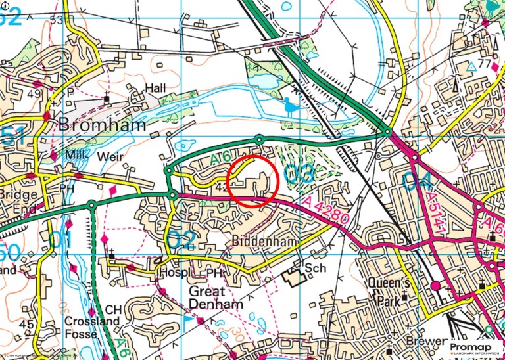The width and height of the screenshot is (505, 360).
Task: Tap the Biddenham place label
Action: click(x=261, y=241)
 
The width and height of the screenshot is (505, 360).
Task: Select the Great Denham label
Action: click(x=215, y=298)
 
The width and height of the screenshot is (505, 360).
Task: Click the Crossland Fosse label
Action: click(x=91, y=327)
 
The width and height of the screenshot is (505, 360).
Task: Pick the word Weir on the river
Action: click(x=110, y=157)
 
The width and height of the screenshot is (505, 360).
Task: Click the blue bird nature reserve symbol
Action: click(x=289, y=104)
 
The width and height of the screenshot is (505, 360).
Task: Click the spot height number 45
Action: click(x=26, y=325)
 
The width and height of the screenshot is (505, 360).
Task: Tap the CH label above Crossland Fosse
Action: click(x=113, y=309)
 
